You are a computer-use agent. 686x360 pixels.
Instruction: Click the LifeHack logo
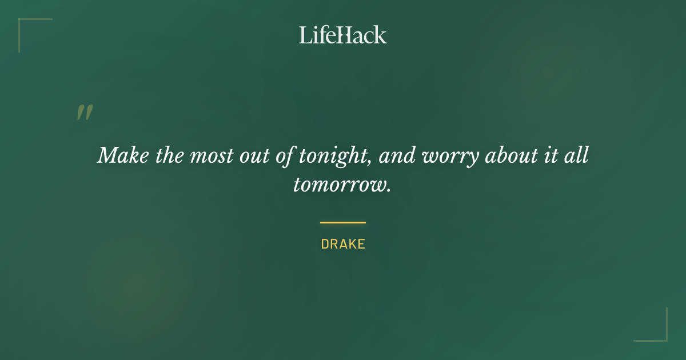[343, 35]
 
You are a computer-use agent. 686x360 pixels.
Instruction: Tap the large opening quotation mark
[85, 113]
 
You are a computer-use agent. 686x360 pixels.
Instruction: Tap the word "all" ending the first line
[577, 155]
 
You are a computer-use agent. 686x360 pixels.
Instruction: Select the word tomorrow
[340, 185]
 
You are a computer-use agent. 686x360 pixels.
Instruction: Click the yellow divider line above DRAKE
[343, 222]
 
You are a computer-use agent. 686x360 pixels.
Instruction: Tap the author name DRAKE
[343, 244]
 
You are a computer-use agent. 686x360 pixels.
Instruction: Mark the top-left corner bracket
[21, 21]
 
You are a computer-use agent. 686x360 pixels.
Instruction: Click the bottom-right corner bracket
[665, 339]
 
